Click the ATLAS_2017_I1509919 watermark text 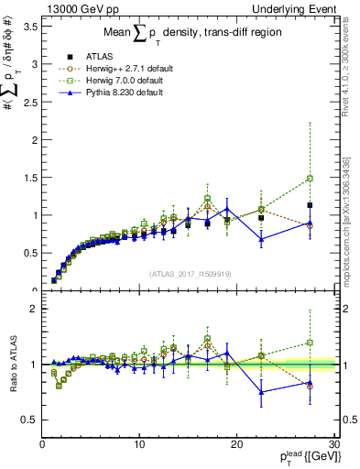pos(189,273)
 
